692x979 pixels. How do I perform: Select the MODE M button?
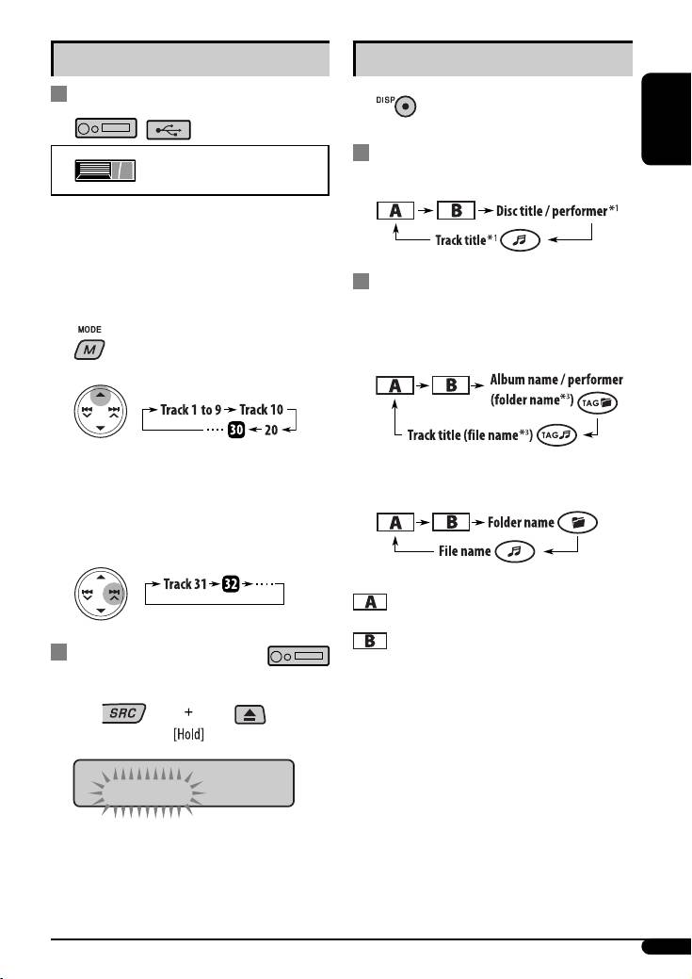pos(89,351)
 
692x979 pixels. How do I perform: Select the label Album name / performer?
pos(556,379)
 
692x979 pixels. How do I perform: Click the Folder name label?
pos(521,522)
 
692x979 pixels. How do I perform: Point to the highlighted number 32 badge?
pos(230,584)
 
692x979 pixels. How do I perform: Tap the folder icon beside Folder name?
pos(577,522)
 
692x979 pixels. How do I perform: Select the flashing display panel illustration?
pos(185,782)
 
